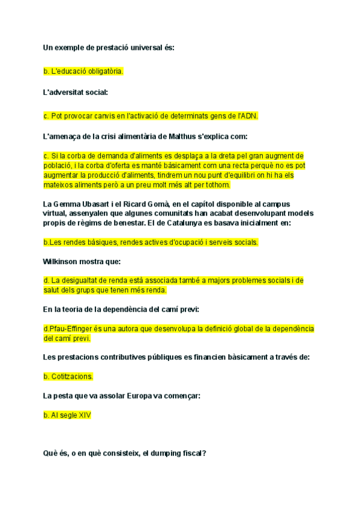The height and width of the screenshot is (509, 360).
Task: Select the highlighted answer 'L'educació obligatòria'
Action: (83, 71)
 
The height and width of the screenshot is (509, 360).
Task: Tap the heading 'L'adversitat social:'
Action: (76, 92)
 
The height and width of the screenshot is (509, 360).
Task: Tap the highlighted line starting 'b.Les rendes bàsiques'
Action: (151, 242)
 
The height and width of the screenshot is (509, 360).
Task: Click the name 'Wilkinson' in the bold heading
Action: (63, 262)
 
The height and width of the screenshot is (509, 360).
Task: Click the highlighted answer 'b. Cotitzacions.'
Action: (68, 377)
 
